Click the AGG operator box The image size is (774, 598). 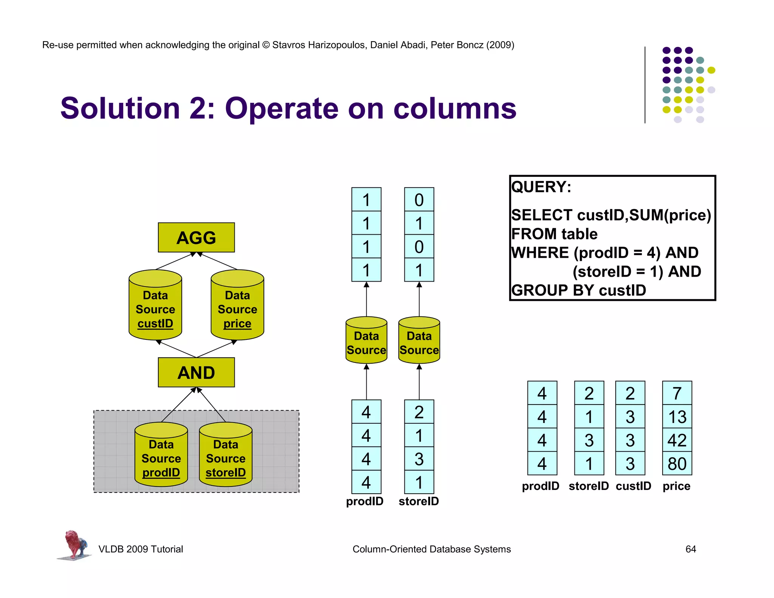click(196, 237)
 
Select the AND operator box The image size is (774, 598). click(196, 372)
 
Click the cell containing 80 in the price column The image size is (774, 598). click(677, 464)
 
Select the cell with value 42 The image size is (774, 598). click(677, 440)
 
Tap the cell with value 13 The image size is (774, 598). click(677, 417)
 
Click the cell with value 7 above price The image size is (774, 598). click(677, 394)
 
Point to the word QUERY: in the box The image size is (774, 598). click(541, 187)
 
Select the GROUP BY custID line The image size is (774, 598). click(578, 290)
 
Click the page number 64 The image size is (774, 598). click(690, 549)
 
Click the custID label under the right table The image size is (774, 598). click(633, 486)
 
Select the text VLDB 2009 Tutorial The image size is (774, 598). click(141, 549)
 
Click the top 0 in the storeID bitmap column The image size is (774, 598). click(419, 200)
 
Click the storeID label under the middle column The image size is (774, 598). click(419, 501)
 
